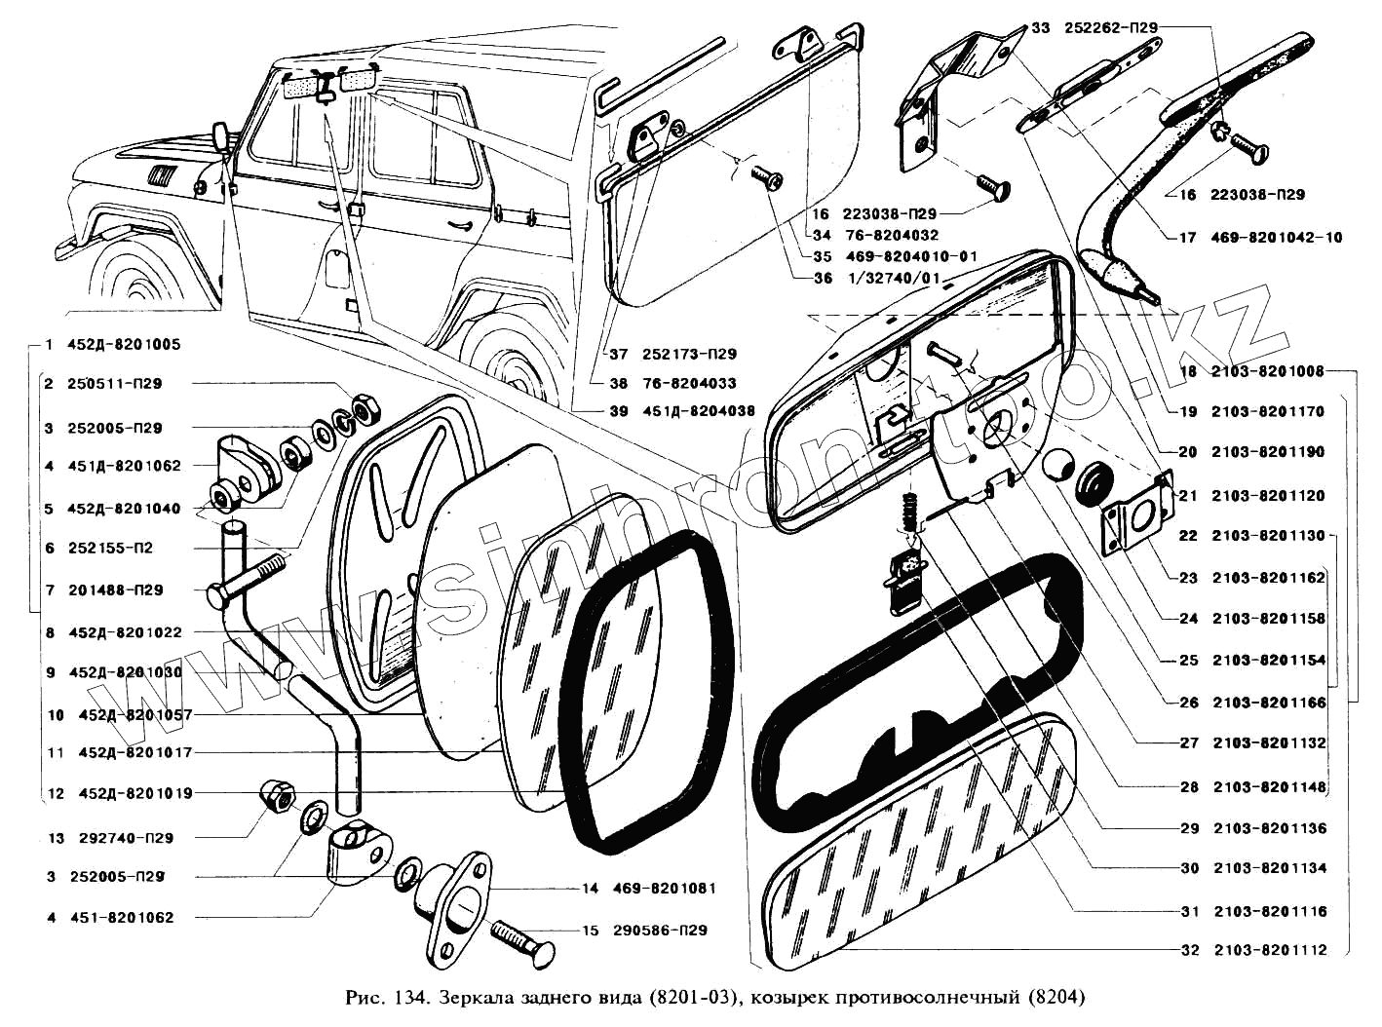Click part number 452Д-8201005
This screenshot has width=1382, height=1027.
point(124,345)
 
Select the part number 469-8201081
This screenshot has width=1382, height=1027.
point(664,889)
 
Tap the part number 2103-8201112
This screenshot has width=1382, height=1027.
point(1269,950)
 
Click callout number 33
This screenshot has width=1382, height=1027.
point(1040,28)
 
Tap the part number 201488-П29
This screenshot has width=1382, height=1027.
point(115,590)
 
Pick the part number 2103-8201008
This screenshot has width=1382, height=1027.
point(1268,371)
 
